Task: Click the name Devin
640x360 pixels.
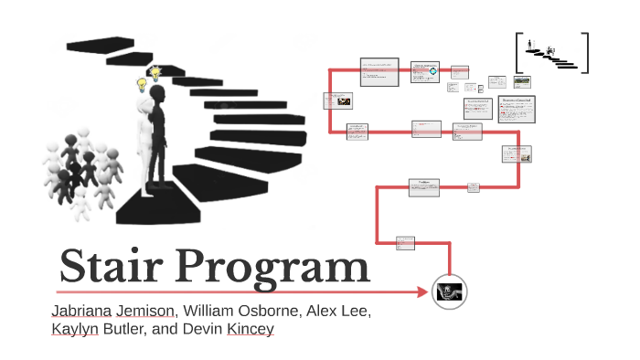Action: [x=195, y=329]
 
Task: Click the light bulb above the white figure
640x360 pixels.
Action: [x=142, y=85]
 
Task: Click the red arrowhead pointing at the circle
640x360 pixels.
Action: [x=421, y=292]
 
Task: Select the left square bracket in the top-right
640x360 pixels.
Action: [x=518, y=52]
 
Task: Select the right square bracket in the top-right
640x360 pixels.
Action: [x=585, y=52]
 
